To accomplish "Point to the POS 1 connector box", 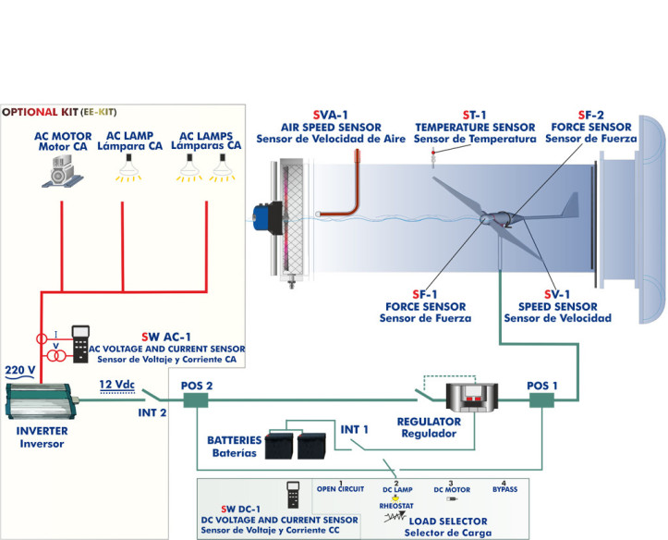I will click(x=542, y=399).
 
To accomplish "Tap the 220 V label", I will click(x=19, y=371).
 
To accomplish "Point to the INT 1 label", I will click(x=356, y=430).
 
